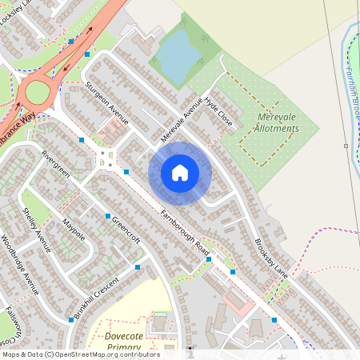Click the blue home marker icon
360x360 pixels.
[180, 173]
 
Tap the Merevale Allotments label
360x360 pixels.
[267, 122]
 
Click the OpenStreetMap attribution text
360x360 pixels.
[81, 354]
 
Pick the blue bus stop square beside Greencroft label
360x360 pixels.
[107, 217]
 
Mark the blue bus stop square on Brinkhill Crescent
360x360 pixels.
[70, 319]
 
